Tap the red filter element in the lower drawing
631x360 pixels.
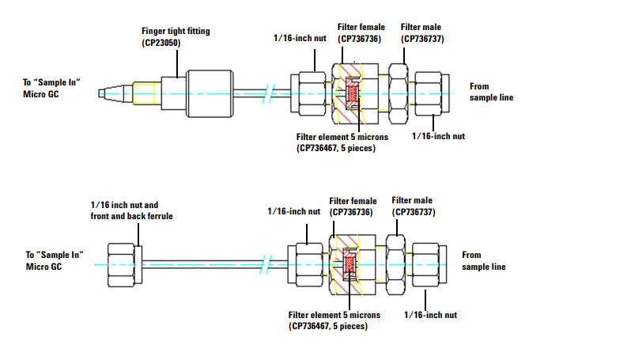(x=350, y=264)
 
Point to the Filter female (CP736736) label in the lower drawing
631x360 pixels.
(x=353, y=207)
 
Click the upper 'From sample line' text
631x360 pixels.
(x=491, y=92)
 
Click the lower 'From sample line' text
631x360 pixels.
(x=484, y=261)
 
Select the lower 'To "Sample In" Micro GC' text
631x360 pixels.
(x=55, y=260)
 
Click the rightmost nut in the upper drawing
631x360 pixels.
(x=429, y=93)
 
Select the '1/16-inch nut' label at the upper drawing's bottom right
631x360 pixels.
(x=438, y=136)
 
